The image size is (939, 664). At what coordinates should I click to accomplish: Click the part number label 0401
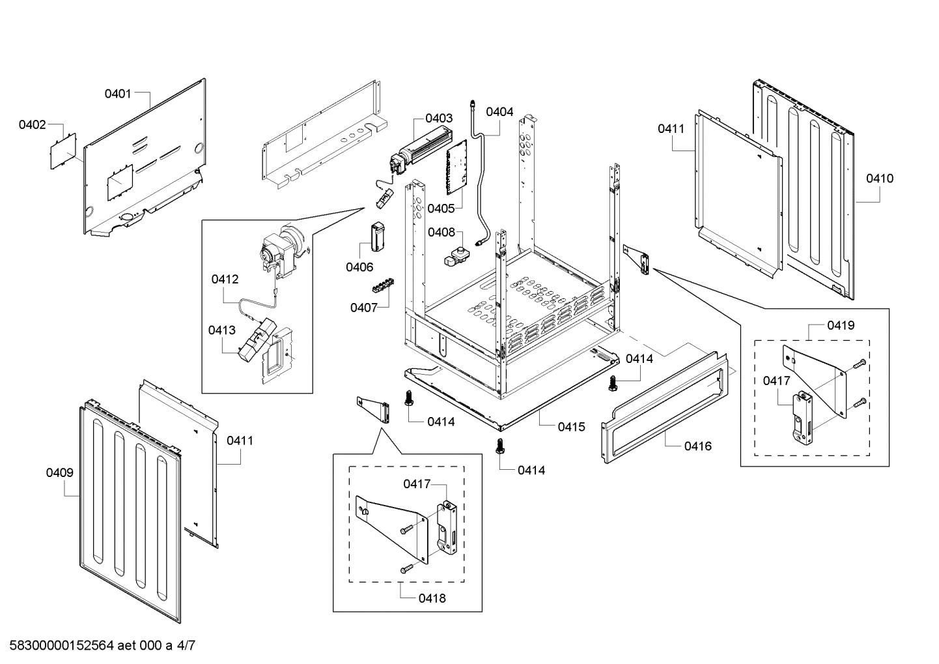118,94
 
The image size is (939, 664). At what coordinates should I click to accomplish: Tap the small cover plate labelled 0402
64,151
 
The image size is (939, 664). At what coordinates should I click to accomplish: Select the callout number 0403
439,119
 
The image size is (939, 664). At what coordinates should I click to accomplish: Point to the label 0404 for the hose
499,112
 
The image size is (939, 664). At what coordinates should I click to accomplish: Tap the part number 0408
441,233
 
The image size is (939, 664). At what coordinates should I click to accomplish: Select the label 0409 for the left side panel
59,473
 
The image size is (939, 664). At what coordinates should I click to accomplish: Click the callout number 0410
880,179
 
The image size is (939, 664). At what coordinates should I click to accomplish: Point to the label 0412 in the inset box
225,280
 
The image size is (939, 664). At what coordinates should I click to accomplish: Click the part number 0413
222,330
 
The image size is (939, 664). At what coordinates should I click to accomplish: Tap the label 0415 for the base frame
571,427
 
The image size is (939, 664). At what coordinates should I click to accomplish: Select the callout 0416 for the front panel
697,446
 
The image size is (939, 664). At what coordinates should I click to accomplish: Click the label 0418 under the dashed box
432,598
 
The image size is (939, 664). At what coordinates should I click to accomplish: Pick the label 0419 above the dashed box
841,325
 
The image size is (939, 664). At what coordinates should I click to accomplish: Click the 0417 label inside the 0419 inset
776,381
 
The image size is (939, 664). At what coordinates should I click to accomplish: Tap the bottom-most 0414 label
531,470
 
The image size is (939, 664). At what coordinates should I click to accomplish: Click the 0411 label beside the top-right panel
671,129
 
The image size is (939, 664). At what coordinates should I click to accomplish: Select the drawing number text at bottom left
98,646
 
